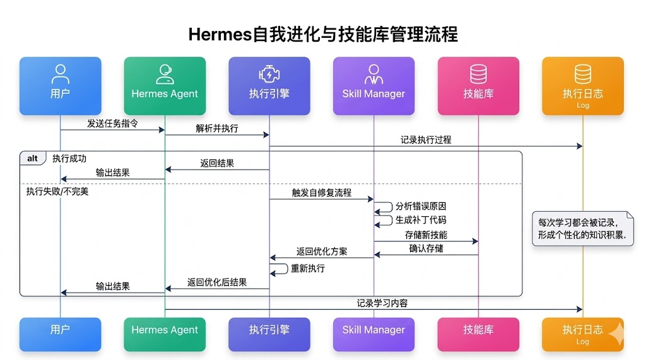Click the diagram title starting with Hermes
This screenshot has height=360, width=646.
click(323, 34)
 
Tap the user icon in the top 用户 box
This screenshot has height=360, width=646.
click(60, 74)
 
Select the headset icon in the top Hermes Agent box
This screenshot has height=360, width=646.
click(165, 74)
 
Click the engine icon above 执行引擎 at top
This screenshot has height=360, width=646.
click(269, 74)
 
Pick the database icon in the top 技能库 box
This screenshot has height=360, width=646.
click(478, 74)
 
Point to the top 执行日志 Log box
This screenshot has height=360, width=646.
click(582, 86)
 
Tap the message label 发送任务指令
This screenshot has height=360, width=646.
click(112, 124)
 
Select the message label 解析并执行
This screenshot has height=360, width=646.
click(217, 128)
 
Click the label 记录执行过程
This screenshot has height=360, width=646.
click(426, 140)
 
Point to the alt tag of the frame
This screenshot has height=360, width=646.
click(32, 158)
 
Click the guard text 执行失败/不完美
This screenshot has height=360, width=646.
click(57, 191)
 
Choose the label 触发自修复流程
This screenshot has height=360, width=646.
click(321, 192)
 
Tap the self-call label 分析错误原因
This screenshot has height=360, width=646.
click(421, 207)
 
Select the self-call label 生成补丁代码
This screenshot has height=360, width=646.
click(421, 220)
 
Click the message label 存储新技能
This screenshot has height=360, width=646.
click(426, 235)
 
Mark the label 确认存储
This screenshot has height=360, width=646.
click(426, 248)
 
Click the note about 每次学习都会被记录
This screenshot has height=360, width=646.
click(582, 229)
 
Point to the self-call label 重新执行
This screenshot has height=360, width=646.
click(307, 269)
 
